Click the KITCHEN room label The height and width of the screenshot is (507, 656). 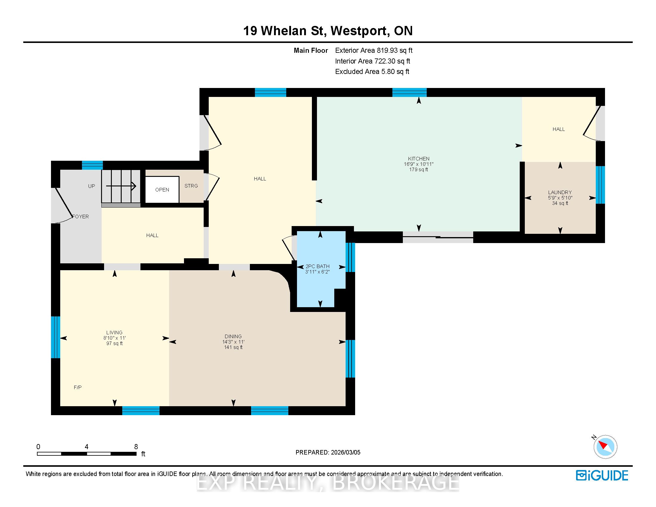pyautogui.click(x=419, y=159)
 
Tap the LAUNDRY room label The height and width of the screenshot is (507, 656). pyautogui.click(x=560, y=192)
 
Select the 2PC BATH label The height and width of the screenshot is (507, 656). pyautogui.click(x=318, y=266)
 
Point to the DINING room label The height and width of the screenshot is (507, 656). pyautogui.click(x=233, y=336)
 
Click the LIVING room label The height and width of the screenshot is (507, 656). pyautogui.click(x=115, y=333)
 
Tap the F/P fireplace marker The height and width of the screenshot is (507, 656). pyautogui.click(x=78, y=387)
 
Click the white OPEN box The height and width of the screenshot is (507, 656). pyautogui.click(x=162, y=189)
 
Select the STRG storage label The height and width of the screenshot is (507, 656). pyautogui.click(x=191, y=186)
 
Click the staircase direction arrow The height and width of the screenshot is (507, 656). pyautogui.click(x=121, y=186)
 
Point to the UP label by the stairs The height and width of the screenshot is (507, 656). pyautogui.click(x=92, y=186)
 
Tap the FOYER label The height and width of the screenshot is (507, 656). pyautogui.click(x=81, y=217)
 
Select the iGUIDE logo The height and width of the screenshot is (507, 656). pyautogui.click(x=602, y=475)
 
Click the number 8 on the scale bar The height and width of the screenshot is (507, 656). pyautogui.click(x=136, y=447)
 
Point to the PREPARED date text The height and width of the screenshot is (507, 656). pyautogui.click(x=328, y=452)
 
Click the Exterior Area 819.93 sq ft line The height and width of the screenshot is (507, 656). pyautogui.click(x=374, y=50)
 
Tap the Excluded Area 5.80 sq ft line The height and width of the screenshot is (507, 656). pyautogui.click(x=372, y=72)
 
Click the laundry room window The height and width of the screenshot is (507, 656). pyautogui.click(x=600, y=185)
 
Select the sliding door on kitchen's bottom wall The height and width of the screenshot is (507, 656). pyautogui.click(x=438, y=237)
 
